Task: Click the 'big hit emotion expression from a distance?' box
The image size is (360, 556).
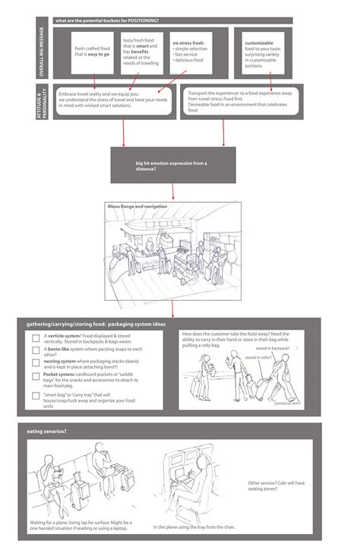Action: click(167, 166)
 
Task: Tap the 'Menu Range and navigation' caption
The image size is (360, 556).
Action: click(137, 206)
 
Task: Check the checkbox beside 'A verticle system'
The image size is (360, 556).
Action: click(36, 336)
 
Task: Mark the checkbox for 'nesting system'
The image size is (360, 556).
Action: click(36, 362)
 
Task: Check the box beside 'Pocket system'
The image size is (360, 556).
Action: click(36, 376)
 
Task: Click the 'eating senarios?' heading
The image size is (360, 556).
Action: click(48, 431)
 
